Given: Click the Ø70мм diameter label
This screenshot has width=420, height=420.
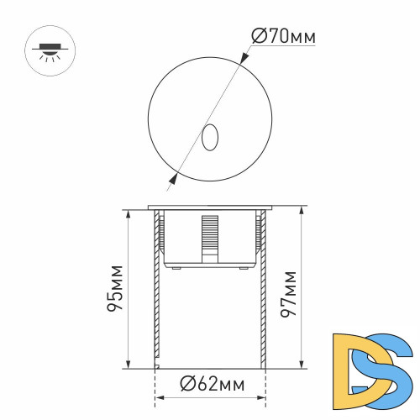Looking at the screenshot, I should (284, 38).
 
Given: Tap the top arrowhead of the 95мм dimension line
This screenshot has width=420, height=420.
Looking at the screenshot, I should (127, 213).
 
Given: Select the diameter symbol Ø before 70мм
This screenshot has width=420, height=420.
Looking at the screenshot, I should (259, 38).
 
